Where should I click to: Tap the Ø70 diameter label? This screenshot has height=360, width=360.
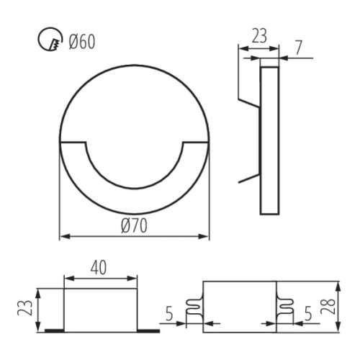point(134,225)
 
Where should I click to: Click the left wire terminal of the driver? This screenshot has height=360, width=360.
point(194,308)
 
